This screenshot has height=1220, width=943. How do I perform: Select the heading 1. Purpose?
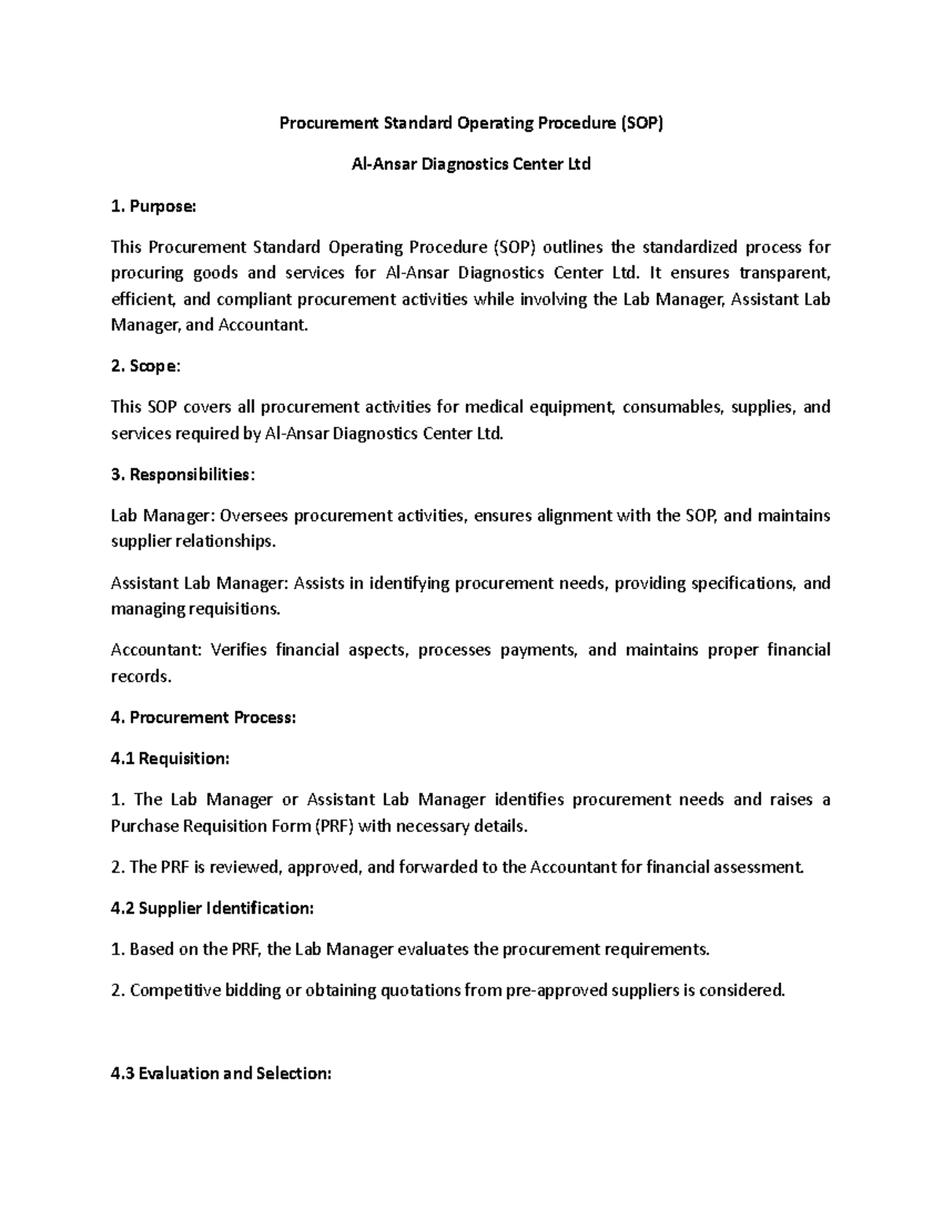click(153, 206)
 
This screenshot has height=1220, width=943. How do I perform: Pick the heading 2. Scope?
click(145, 366)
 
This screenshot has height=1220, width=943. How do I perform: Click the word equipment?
click(571, 407)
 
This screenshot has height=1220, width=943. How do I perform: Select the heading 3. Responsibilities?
click(183, 474)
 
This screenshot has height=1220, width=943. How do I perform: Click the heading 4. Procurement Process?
click(204, 717)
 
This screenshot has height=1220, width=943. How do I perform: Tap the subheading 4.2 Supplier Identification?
click(212, 908)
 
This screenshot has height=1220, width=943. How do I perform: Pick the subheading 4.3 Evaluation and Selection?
click(221, 1073)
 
